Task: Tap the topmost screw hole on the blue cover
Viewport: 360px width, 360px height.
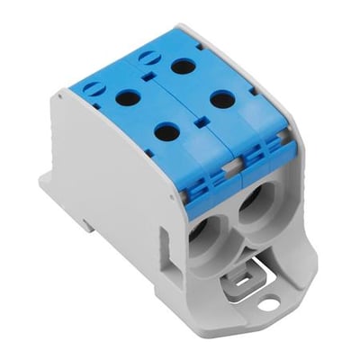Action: (184, 66)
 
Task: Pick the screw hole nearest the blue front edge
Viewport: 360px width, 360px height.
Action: (167, 131)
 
